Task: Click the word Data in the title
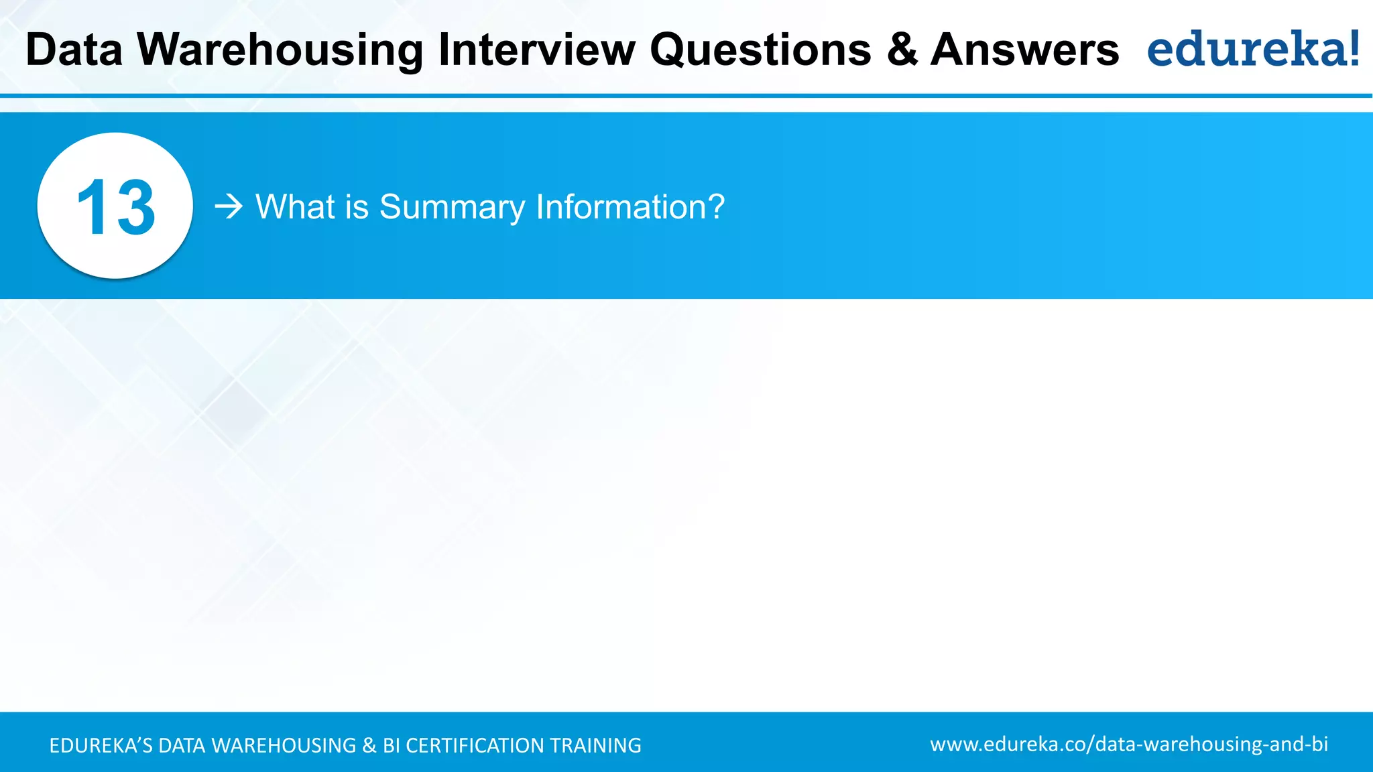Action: pyautogui.click(x=74, y=50)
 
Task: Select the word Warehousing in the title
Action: pyautogui.click(x=280, y=50)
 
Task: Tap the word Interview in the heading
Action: pyautogui.click(x=536, y=50)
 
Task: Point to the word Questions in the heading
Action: pyautogui.click(x=760, y=50)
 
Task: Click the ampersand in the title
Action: pyautogui.click(x=902, y=50)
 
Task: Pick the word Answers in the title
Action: pyautogui.click(x=1024, y=50)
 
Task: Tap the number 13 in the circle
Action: pyautogui.click(x=115, y=208)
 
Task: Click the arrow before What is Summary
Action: pyautogui.click(x=229, y=206)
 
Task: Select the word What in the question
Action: pyautogui.click(x=295, y=206)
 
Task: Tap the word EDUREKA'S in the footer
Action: pyautogui.click(x=101, y=745)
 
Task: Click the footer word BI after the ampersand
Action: pyautogui.click(x=391, y=745)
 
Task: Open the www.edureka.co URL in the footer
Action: pyautogui.click(x=1129, y=744)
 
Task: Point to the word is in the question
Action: pyautogui.click(x=357, y=206)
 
